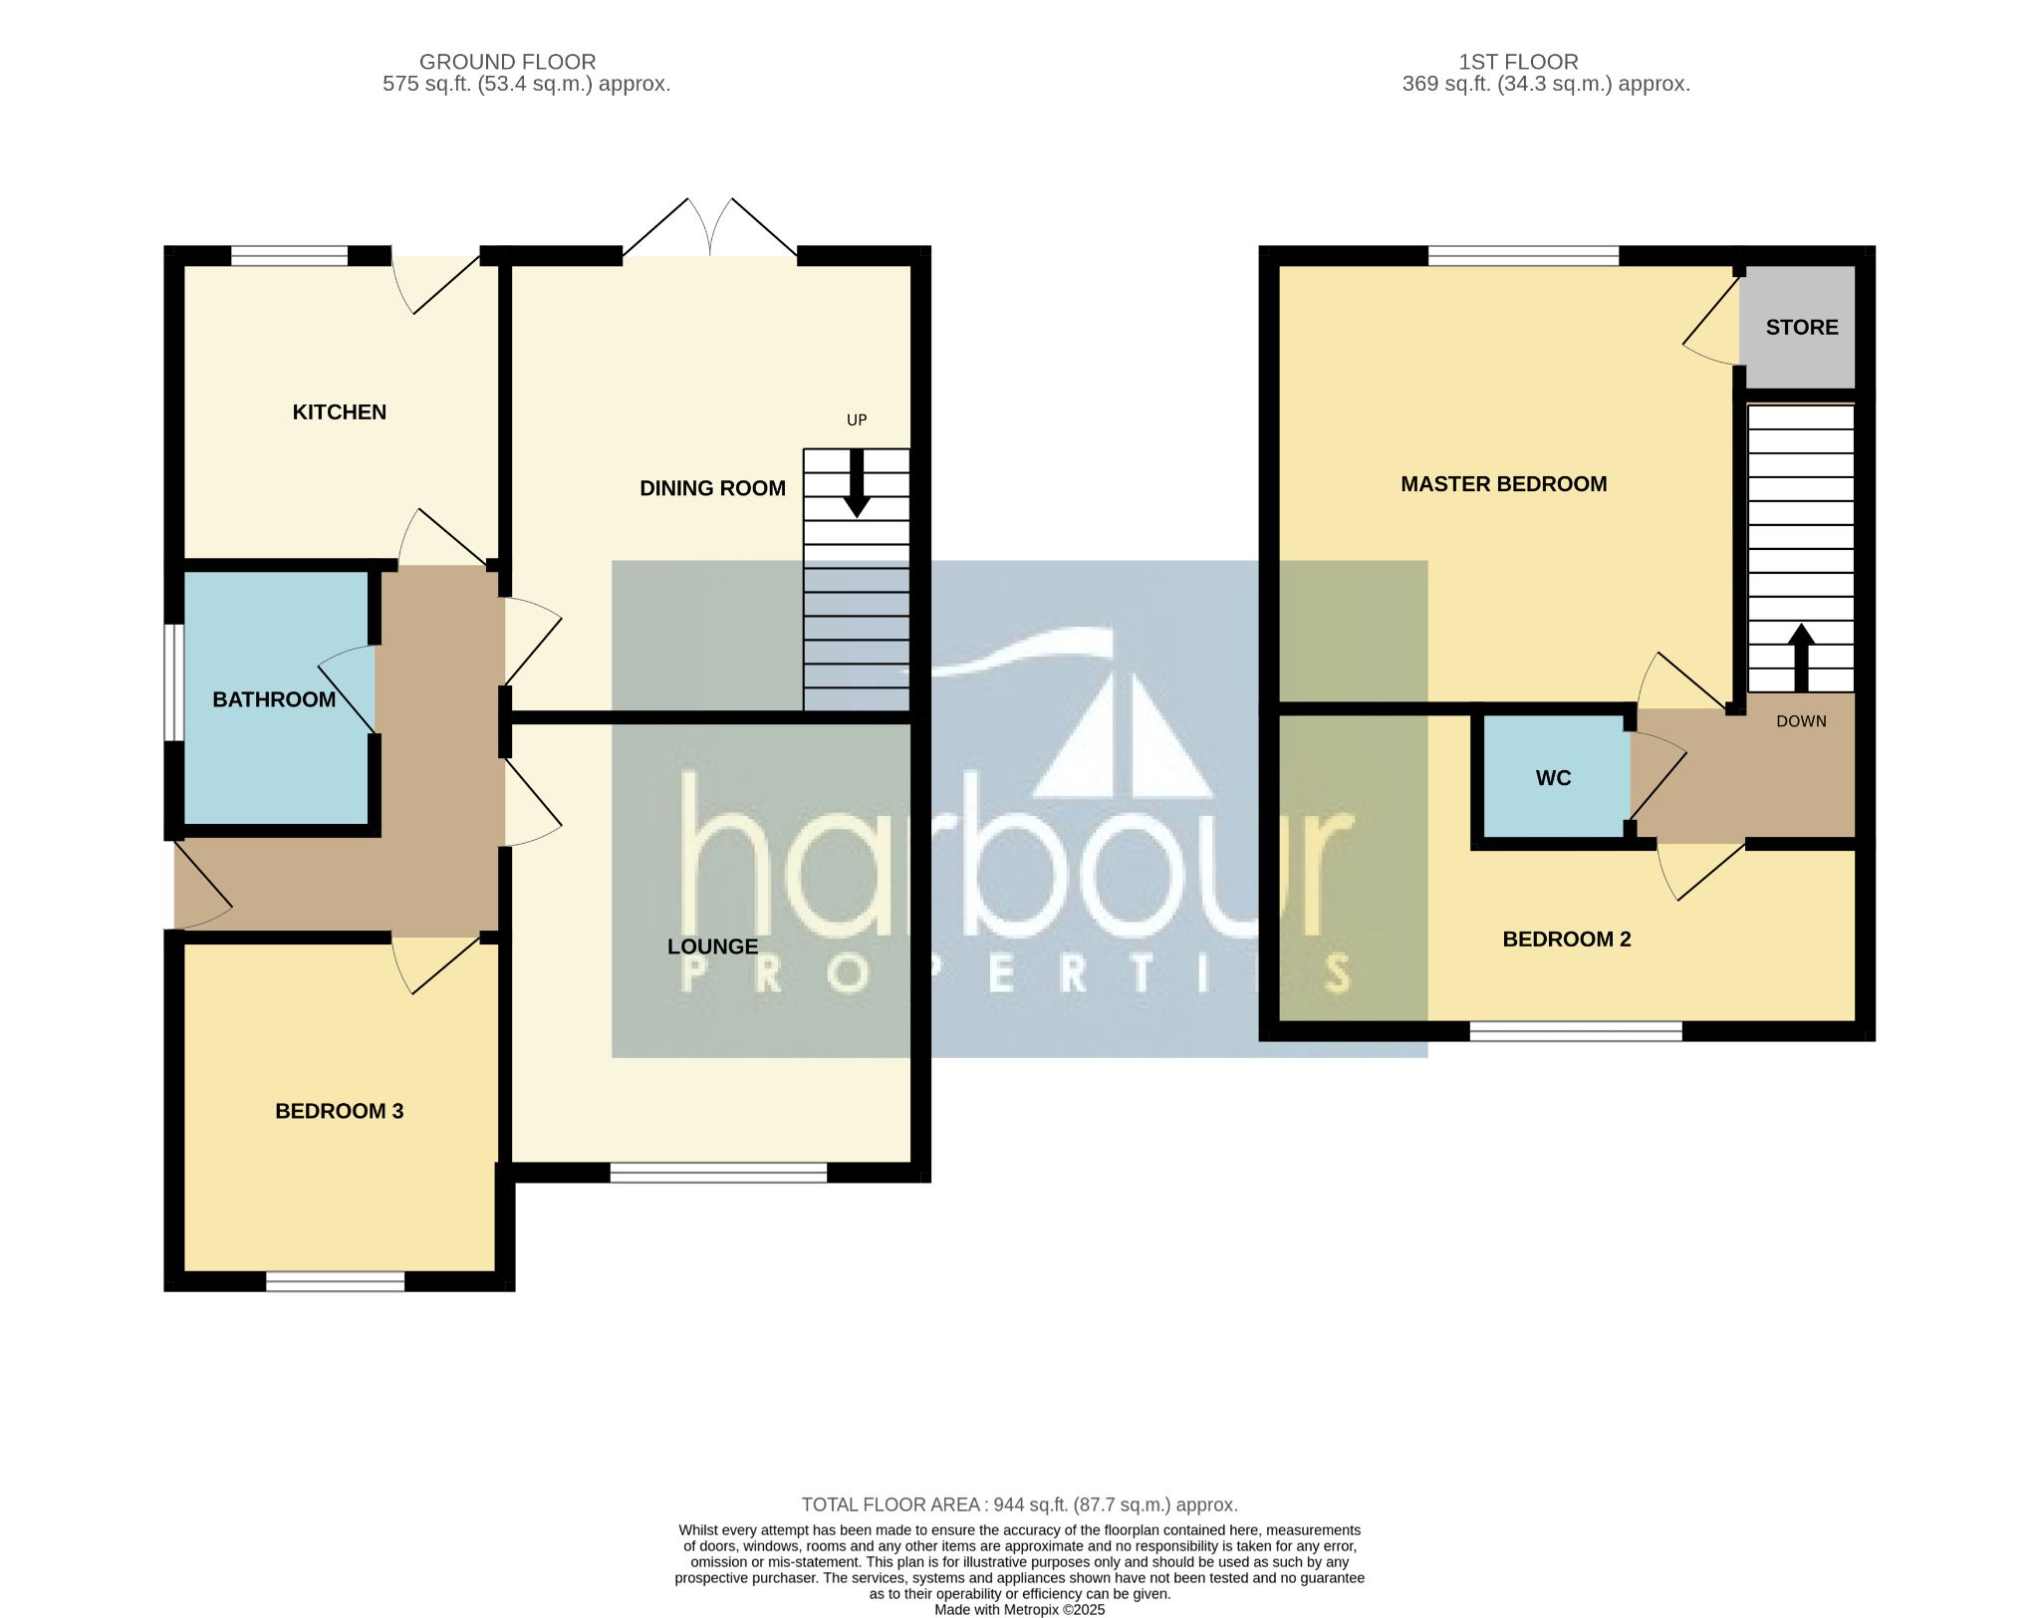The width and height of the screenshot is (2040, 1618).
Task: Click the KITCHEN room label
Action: click(x=339, y=412)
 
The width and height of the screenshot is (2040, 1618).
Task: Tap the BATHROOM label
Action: click(x=274, y=699)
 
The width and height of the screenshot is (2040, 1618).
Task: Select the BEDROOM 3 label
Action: click(x=339, y=1111)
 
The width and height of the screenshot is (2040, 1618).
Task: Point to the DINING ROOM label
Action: click(x=712, y=488)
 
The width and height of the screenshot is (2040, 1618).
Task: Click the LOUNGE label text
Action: click(x=712, y=946)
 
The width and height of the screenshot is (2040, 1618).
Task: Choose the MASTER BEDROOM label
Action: click(x=1503, y=484)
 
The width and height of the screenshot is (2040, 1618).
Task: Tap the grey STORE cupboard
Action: click(x=1797, y=327)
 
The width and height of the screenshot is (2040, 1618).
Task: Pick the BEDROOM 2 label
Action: click(x=1566, y=940)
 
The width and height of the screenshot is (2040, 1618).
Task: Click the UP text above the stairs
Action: click(x=857, y=420)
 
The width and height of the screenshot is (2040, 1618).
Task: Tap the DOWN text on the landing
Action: click(x=1801, y=721)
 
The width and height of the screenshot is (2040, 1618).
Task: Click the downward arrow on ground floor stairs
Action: click(x=857, y=484)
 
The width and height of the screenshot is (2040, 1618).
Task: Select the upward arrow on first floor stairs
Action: click(x=1800, y=658)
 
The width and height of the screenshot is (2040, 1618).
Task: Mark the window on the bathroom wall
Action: click(x=174, y=683)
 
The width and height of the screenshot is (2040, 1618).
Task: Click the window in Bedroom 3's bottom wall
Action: click(x=336, y=1282)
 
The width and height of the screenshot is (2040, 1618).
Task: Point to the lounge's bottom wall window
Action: click(x=718, y=1173)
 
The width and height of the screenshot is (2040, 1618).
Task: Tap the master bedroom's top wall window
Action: click(x=1524, y=256)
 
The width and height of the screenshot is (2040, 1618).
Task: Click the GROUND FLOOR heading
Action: click(x=507, y=62)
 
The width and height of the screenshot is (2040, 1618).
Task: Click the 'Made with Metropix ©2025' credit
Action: click(x=1019, y=1610)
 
